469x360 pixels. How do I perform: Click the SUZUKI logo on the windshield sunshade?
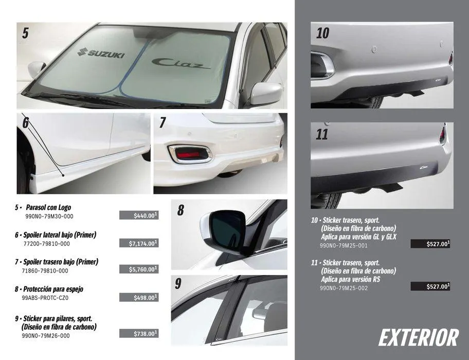click(101, 52)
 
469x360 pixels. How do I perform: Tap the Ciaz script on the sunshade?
click(181, 63)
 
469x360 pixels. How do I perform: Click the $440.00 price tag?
click(139, 215)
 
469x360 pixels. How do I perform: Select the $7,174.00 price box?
click(139, 243)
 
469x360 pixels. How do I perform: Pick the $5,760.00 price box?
click(139, 269)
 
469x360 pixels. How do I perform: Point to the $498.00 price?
click(139, 297)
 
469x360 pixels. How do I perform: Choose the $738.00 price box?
click(139, 334)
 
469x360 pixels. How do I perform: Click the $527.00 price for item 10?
click(430, 244)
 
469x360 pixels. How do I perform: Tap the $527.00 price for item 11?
click(430, 286)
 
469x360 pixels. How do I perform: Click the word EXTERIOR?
click(418, 338)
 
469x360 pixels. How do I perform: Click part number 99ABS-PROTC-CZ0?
click(45, 298)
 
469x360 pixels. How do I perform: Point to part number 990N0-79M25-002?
click(344, 288)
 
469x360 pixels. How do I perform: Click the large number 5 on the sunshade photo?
click(25, 34)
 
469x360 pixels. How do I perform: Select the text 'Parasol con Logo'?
click(48, 207)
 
